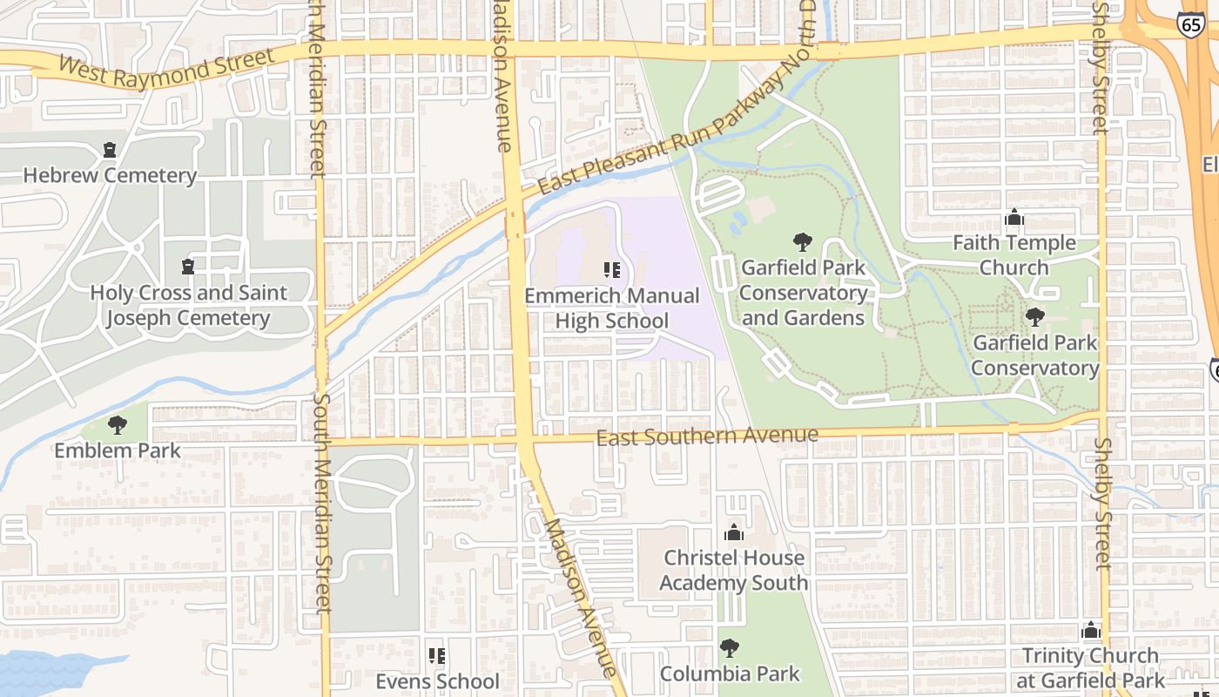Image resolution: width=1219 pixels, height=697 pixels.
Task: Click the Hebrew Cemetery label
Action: click(x=110, y=175)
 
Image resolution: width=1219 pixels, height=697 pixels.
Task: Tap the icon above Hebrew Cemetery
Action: click(x=110, y=151)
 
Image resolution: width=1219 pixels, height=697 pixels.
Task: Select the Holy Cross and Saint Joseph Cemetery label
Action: click(x=188, y=305)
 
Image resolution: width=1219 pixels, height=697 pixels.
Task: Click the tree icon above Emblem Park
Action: click(x=118, y=426)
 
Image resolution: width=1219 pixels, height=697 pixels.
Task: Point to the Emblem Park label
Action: click(x=118, y=450)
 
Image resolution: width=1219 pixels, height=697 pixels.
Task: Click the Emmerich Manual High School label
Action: click(x=611, y=308)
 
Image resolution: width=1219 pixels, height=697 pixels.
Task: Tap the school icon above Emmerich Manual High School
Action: click(x=611, y=270)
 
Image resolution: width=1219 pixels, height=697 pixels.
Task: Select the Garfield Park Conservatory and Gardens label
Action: click(x=803, y=293)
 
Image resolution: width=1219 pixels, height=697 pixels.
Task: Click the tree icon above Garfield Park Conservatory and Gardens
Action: click(x=803, y=242)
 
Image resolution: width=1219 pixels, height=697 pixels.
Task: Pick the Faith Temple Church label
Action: click(x=1014, y=254)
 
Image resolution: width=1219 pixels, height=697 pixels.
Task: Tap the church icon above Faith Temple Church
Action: click(x=1014, y=218)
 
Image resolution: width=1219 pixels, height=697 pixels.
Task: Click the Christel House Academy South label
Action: click(x=734, y=570)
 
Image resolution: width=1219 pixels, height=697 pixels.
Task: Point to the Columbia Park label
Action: click(x=730, y=673)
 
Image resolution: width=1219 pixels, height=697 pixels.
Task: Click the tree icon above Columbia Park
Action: click(x=730, y=648)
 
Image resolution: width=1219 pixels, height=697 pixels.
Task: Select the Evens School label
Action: click(x=437, y=680)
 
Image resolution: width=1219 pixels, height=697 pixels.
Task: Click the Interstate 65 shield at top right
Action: click(x=1191, y=24)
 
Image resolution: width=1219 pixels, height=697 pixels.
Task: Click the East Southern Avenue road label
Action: click(x=707, y=436)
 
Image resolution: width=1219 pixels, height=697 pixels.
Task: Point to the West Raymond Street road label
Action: click(x=165, y=68)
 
